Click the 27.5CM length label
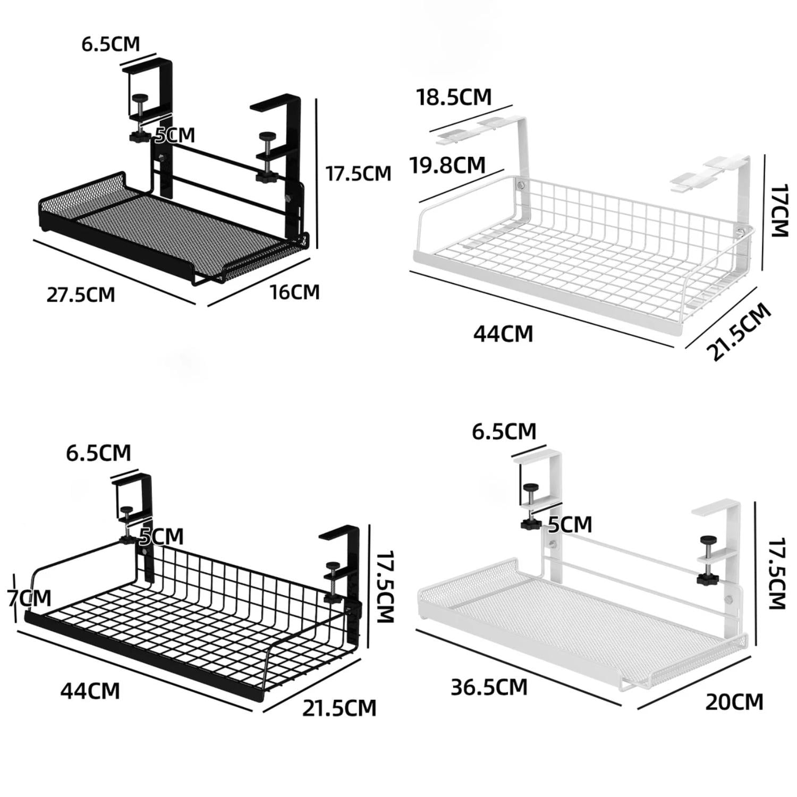[80, 294]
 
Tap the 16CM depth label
[294, 292]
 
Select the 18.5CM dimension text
[454, 97]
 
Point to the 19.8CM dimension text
[447, 165]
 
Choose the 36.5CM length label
[489, 687]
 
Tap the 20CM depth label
[734, 702]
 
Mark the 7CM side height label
[30, 598]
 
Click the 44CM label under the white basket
[503, 334]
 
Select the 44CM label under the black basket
[90, 691]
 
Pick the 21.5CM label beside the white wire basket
[738, 332]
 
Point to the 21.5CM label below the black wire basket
[339, 708]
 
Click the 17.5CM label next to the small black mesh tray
[358, 173]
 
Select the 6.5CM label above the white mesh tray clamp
[504, 431]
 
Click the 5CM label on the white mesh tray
[570, 525]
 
